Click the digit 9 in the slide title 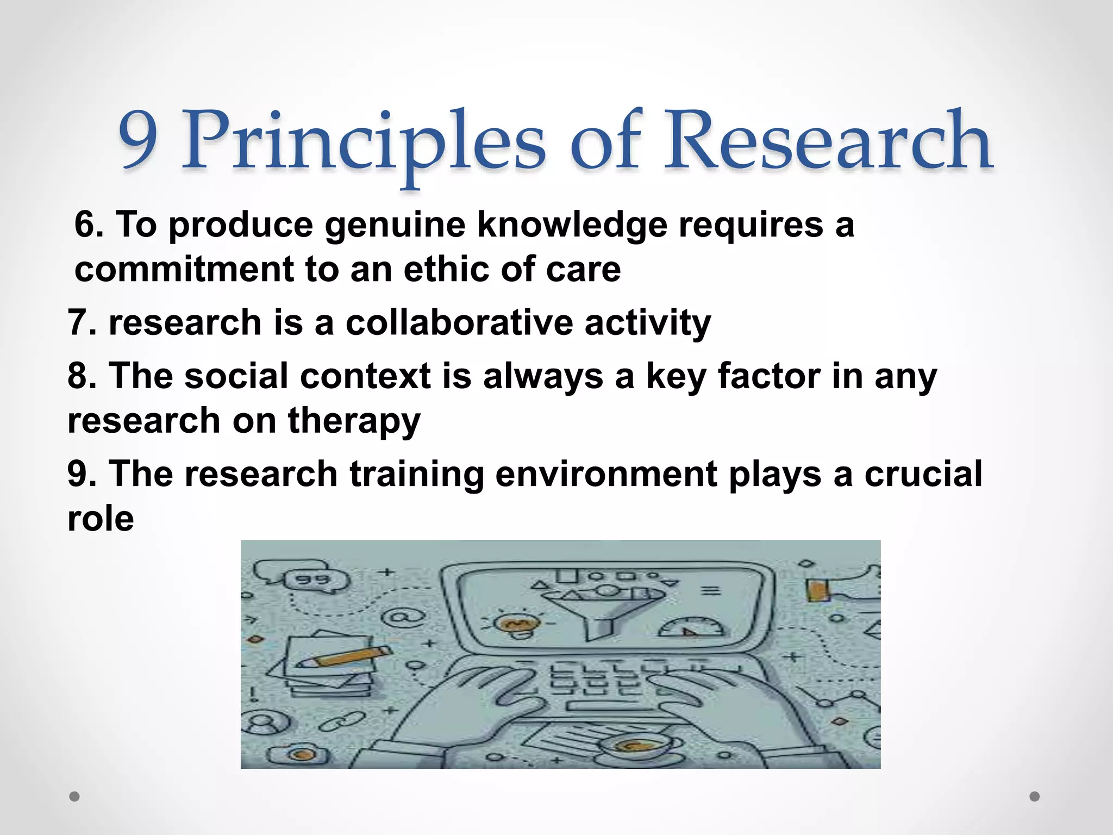click(139, 140)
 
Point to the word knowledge click(572, 225)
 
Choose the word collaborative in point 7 click(459, 322)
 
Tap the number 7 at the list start click(77, 322)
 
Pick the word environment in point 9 click(606, 473)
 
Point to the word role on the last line click(101, 518)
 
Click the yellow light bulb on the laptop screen click(512, 625)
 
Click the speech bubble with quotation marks click(314, 581)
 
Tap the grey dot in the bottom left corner click(74, 796)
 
